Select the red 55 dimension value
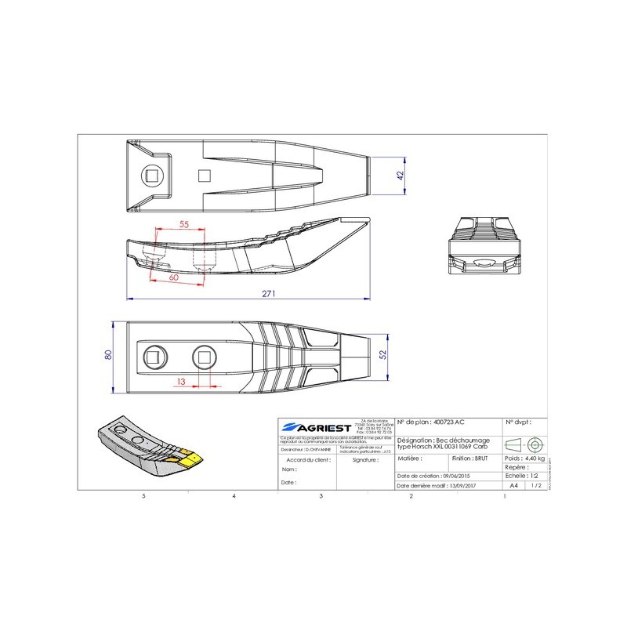185,224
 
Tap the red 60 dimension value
174,277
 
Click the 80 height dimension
109,354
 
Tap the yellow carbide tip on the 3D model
190,456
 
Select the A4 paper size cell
513,485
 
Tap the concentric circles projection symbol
535,444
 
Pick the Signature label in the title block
365,461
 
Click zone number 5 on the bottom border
143,497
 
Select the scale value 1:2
535,476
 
